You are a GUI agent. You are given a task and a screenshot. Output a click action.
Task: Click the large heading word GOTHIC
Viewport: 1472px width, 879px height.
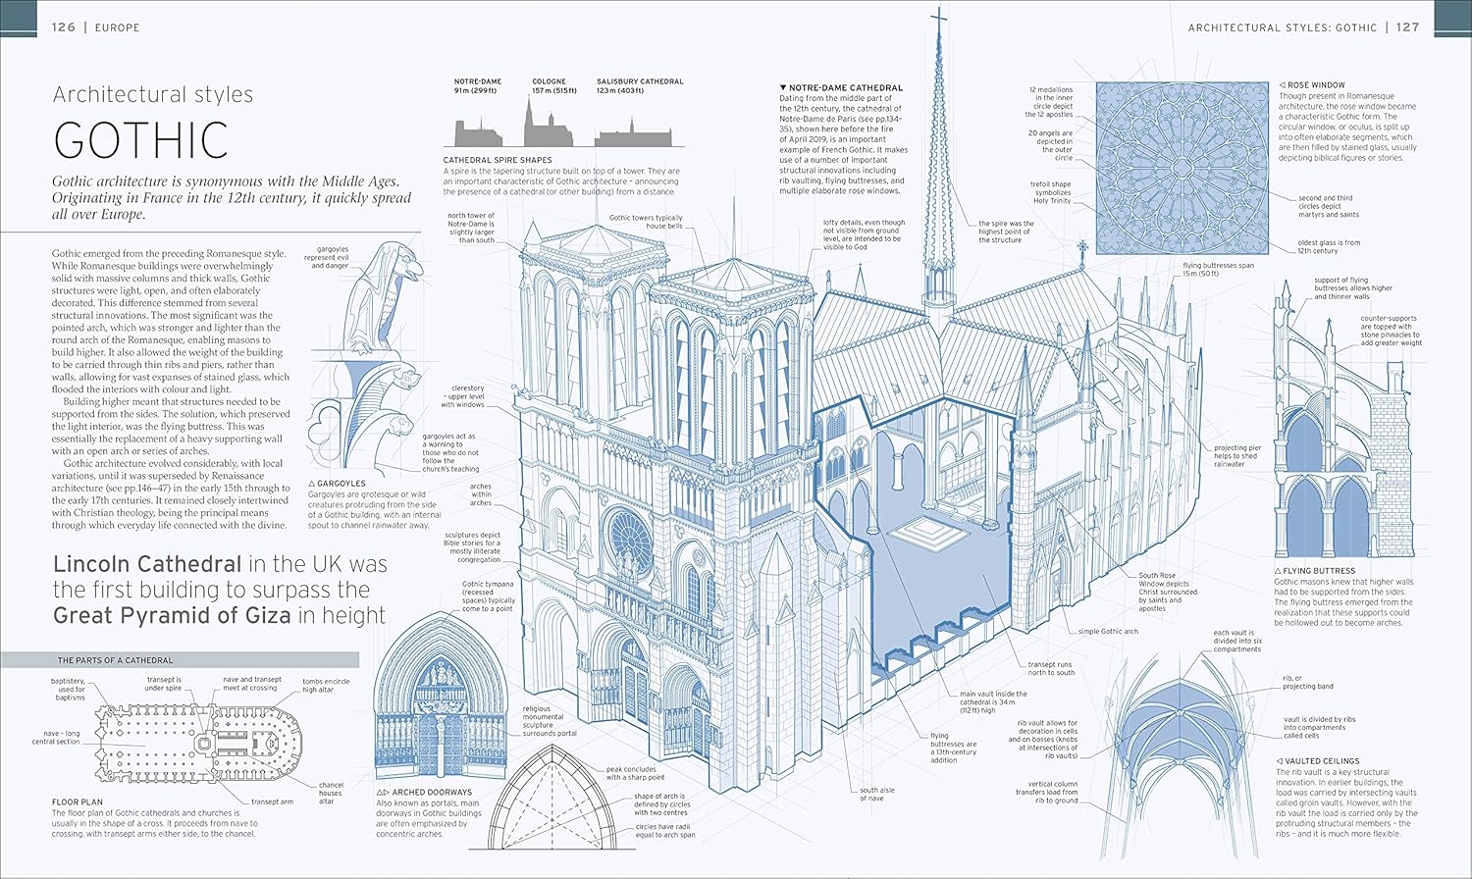140,139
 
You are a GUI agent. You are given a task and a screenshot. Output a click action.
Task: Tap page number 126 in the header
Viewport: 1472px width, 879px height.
64,26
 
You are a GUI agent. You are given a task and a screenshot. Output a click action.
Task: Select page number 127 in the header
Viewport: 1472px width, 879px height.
1408,26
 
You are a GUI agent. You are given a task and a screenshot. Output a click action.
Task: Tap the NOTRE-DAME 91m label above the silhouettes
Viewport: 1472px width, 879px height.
478,86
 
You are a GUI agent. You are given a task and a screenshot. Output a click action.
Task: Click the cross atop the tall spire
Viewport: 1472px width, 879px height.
939,20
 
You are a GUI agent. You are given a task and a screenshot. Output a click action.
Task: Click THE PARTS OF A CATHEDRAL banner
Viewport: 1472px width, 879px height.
180,660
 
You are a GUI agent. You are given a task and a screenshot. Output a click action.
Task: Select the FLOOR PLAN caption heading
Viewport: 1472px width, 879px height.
78,802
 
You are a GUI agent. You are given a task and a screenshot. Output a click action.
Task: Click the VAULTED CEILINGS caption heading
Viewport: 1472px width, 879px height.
1322,760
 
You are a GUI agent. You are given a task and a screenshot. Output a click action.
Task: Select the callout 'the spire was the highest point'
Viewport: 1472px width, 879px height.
1006,232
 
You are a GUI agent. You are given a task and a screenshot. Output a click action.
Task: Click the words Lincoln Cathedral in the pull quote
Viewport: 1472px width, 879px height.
147,564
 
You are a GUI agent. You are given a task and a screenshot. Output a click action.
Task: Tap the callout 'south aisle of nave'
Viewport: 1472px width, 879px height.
877,795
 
